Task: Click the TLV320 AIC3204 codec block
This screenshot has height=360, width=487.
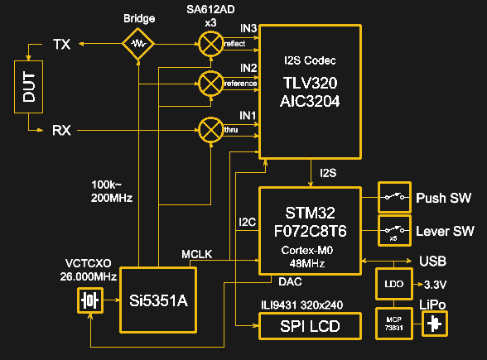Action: tap(311, 91)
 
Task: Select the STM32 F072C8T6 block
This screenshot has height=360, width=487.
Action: tap(311, 228)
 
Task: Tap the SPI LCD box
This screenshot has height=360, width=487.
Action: tap(311, 326)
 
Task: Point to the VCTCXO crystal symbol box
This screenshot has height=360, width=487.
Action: tap(89, 300)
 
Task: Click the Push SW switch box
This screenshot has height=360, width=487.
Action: tap(394, 198)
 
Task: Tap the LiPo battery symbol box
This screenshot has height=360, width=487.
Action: tap(432, 324)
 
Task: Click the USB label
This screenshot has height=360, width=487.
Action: tap(433, 262)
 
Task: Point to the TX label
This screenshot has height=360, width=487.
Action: tap(61, 44)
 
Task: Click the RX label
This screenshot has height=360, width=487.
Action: tap(61, 130)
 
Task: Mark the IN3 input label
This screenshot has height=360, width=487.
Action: tap(248, 29)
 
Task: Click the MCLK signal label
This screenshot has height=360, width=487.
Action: tap(195, 252)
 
